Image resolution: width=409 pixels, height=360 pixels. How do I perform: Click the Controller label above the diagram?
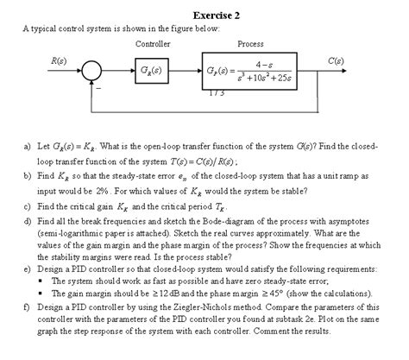pos(153,43)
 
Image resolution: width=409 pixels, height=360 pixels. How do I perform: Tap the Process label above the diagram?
pos(250,43)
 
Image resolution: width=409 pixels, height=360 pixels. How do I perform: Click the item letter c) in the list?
pos(29,208)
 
